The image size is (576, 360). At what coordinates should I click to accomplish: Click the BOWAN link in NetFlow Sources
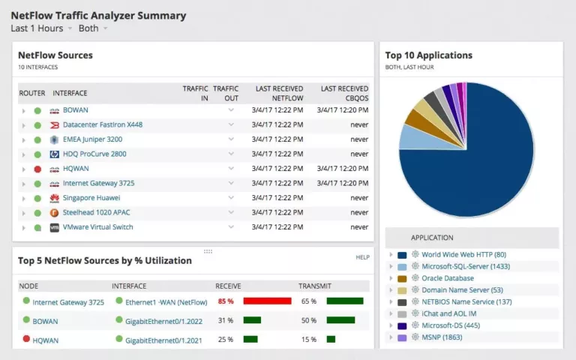point(75,110)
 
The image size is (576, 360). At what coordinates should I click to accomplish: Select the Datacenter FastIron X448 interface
point(102,124)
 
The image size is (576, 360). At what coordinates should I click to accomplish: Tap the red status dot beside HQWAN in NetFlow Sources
point(37,169)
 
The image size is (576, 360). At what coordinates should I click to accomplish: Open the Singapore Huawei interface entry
point(92,198)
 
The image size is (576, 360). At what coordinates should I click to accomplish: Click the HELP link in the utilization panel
point(363,257)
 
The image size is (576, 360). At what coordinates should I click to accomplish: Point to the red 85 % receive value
point(226,301)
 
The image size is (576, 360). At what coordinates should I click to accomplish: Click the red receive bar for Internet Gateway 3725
point(267,301)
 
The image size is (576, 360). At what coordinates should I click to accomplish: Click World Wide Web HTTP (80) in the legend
point(463,255)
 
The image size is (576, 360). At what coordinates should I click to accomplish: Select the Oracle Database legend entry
point(447,278)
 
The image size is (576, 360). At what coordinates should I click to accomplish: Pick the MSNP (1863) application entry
point(442,337)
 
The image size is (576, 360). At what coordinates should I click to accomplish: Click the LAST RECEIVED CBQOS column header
point(344,93)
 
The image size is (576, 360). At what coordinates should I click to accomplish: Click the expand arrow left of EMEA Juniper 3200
point(24,139)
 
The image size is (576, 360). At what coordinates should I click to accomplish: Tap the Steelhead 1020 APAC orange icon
point(54,213)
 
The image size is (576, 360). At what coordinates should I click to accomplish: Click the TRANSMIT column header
point(314,286)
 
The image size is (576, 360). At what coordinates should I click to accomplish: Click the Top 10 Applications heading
point(428,55)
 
